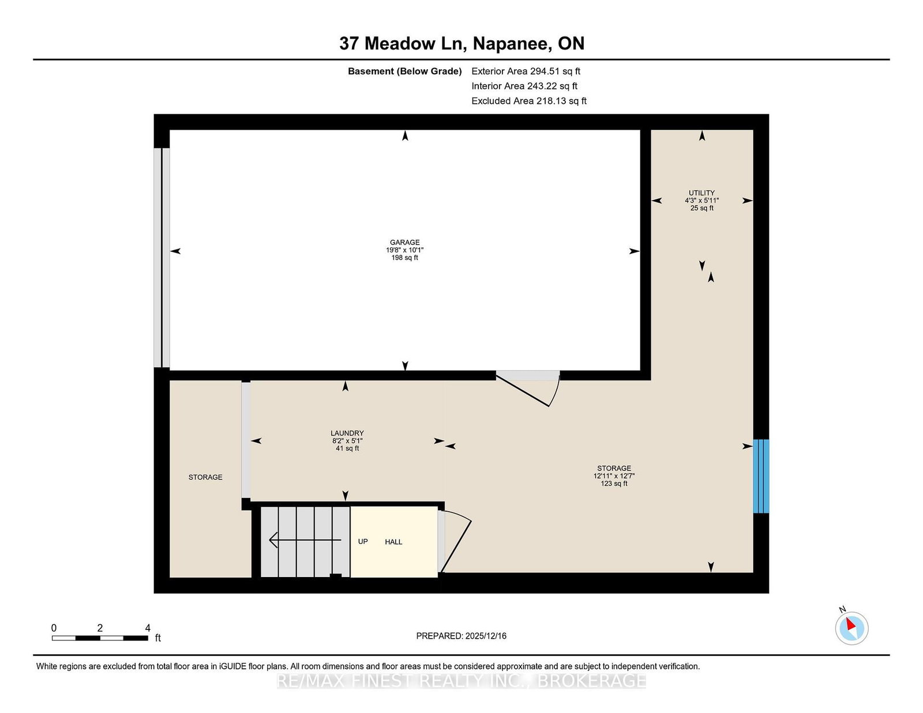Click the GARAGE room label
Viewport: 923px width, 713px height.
click(404, 242)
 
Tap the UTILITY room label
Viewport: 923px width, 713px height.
click(701, 193)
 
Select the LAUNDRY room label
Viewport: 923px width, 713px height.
click(347, 433)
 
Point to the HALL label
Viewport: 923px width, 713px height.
click(393, 542)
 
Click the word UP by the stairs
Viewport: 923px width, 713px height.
click(363, 542)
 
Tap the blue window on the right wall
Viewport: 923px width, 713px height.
click(761, 476)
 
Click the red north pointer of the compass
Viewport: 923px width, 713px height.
click(850, 624)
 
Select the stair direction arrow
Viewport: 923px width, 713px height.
click(305, 540)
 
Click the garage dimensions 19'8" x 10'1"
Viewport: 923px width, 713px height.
click(404, 250)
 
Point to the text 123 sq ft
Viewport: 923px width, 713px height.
click(614, 484)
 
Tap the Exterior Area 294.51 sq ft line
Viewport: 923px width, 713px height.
click(526, 71)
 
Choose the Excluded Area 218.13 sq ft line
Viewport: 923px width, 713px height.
click(529, 101)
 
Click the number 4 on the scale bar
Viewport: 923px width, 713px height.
click(147, 628)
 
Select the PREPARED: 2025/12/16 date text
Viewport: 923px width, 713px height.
click(461, 636)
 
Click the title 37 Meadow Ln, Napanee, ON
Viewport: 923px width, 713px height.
click(461, 43)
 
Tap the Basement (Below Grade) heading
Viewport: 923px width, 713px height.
click(404, 71)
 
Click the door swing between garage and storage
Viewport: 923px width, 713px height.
click(528, 388)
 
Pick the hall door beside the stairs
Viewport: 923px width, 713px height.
click(455, 542)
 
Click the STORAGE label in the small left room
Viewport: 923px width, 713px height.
click(205, 477)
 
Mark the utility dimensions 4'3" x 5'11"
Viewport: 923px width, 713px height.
click(701, 201)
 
